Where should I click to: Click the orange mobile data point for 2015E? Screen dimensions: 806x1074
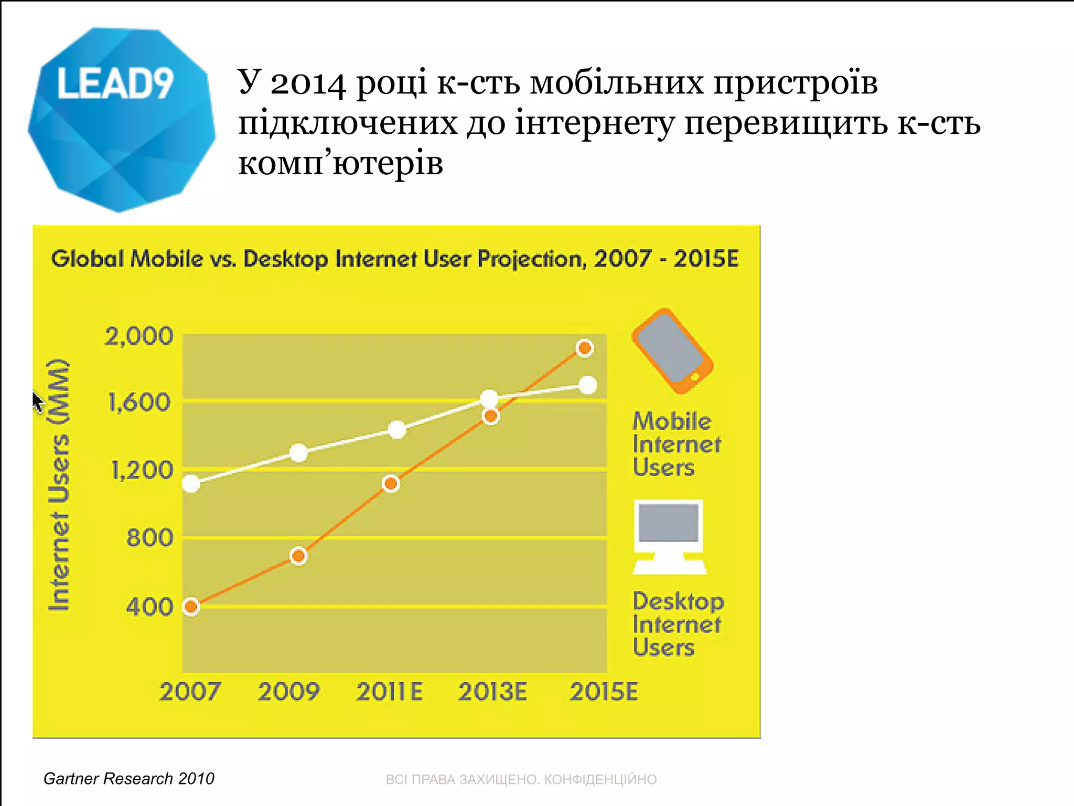584,348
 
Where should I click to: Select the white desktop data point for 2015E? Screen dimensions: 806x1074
588,385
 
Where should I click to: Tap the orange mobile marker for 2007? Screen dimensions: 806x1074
191,607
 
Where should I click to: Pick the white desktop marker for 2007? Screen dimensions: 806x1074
191,483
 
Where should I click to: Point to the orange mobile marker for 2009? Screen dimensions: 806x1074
298,556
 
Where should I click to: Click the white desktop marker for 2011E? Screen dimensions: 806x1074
397,430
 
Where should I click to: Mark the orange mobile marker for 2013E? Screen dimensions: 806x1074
491,417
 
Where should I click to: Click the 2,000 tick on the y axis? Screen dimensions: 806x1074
138,336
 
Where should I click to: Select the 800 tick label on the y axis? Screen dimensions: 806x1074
149,538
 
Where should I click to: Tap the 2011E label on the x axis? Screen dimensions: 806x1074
389,692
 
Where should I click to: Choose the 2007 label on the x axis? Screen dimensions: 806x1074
190,692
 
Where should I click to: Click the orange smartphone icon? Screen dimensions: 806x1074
672,351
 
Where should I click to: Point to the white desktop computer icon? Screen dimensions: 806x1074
669,536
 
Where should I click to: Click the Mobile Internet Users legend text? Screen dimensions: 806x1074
675,444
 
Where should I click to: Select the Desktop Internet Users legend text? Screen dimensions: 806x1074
678,624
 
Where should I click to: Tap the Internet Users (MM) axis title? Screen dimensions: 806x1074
59,485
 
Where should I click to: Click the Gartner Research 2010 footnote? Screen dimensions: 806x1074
128,778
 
